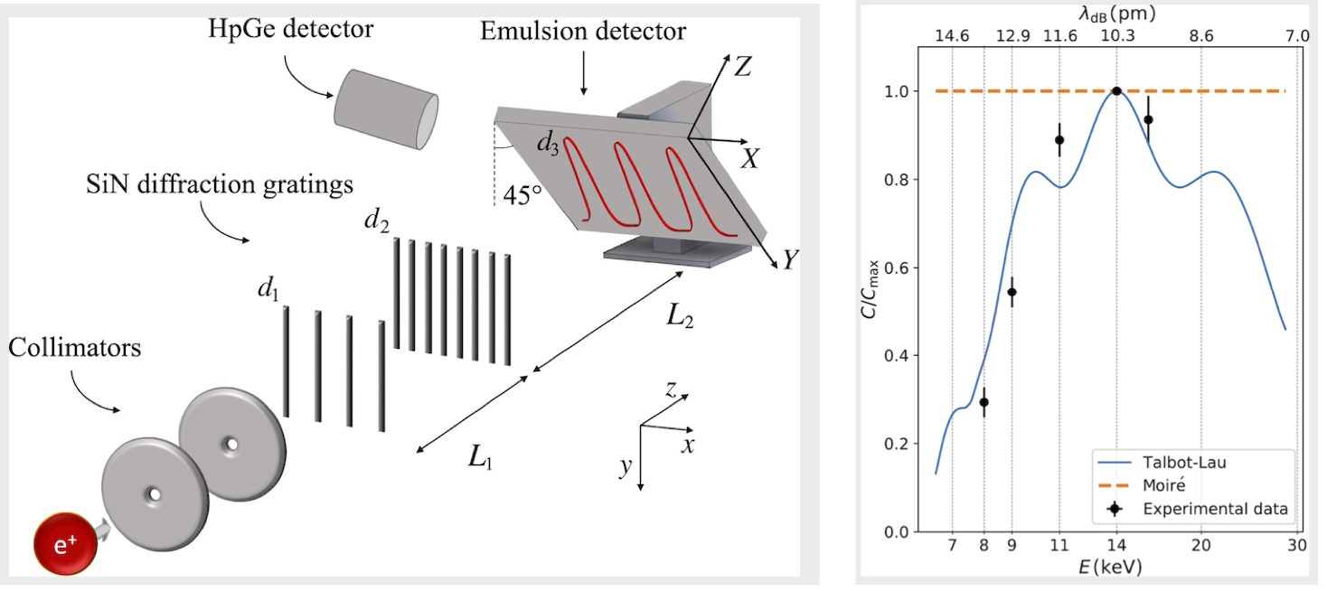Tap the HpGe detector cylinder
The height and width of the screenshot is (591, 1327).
[387, 108]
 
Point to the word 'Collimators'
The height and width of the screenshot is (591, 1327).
[75, 347]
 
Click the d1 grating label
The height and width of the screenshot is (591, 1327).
[267, 291]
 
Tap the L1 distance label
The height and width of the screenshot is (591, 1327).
[481, 456]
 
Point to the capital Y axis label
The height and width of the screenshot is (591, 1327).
[791, 260]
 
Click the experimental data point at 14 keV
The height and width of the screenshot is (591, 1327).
[1117, 91]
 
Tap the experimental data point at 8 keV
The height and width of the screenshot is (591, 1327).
[983, 402]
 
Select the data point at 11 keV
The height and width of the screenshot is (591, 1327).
[1059, 140]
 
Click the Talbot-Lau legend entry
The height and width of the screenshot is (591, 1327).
[1174, 462]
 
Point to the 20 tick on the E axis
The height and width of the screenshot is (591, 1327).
[1200, 544]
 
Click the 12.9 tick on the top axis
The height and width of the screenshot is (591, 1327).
[1012, 36]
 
